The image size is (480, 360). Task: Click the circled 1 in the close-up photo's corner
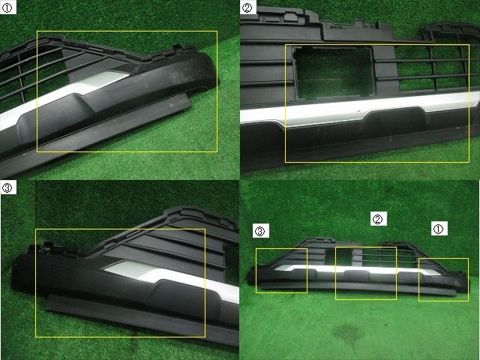(7, 7)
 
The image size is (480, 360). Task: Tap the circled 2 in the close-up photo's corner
(247, 7)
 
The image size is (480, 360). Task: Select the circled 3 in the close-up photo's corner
(7, 187)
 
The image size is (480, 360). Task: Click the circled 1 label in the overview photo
(439, 228)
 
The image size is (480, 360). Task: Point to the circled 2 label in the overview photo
(378, 218)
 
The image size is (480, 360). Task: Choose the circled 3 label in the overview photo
(261, 230)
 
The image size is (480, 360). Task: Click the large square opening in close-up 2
(333, 73)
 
